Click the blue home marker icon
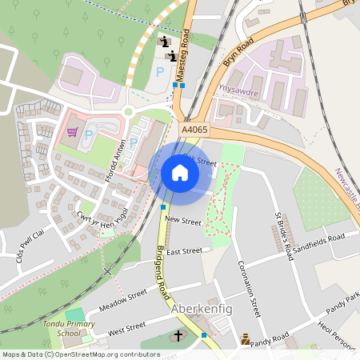[179, 172]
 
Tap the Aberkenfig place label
[204, 309]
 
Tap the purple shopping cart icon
[73, 132]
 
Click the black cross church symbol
[178, 334]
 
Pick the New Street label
[182, 218]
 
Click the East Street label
[186, 250]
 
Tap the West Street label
[126, 326]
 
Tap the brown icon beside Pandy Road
[245, 340]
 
